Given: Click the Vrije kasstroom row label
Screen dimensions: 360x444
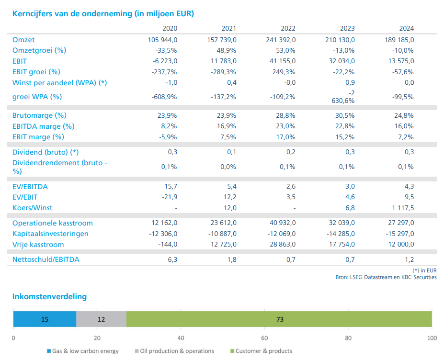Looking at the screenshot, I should (38, 245).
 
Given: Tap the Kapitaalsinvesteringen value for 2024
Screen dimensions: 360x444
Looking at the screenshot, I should (399, 234).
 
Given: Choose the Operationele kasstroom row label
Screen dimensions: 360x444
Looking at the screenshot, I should (53, 223).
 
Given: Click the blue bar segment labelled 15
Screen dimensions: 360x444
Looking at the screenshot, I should (45, 319).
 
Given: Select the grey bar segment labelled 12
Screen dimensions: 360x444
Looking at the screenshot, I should (101, 319).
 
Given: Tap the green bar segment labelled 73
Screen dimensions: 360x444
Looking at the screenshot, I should (280, 319).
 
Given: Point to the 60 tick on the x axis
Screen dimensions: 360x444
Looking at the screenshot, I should (264, 338).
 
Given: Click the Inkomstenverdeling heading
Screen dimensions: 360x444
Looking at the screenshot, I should (49, 296).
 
